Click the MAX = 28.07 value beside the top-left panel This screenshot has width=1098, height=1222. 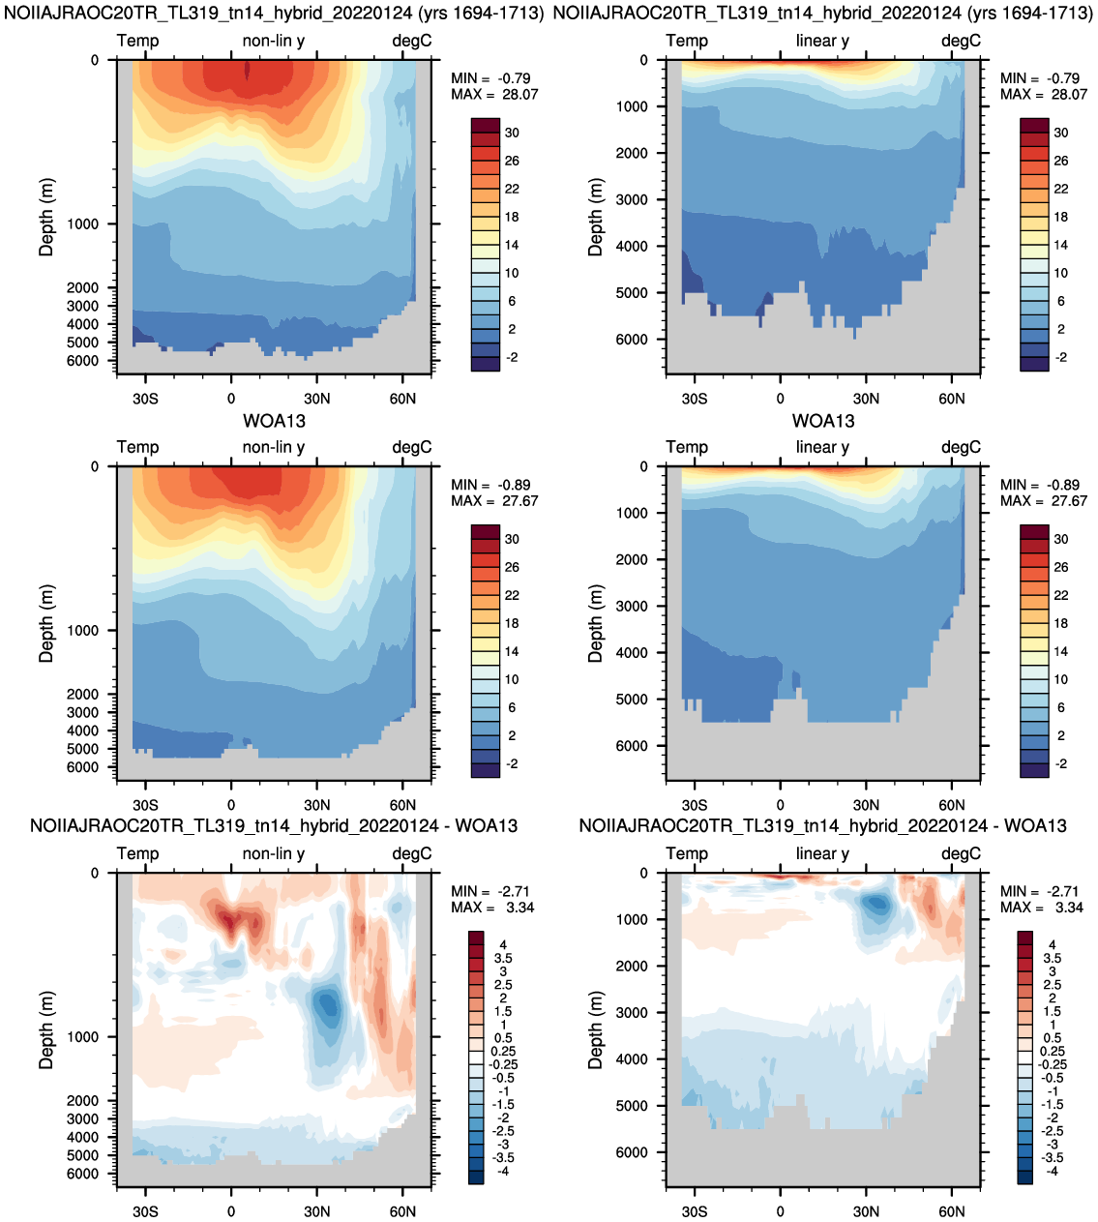click(494, 95)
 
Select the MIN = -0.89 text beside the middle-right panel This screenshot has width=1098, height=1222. click(1040, 485)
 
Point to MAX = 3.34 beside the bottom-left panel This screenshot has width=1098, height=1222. click(492, 908)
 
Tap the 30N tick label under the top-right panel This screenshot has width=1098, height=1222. click(866, 399)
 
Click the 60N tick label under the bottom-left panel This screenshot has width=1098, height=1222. click(402, 1211)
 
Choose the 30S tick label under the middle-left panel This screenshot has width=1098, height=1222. click(145, 805)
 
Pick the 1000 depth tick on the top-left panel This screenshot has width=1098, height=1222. click(82, 224)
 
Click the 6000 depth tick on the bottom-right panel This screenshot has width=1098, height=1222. click(632, 1152)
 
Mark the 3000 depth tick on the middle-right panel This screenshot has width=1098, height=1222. click(632, 606)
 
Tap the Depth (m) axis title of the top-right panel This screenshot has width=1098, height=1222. click(595, 217)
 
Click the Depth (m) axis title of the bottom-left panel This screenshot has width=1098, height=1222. click(45, 1030)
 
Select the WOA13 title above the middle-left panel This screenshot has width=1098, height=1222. click(274, 421)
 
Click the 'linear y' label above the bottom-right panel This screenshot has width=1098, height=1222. click(822, 854)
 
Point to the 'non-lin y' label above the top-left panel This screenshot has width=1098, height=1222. click(274, 41)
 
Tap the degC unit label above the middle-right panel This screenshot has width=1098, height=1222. click(961, 447)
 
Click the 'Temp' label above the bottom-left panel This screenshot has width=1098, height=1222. click(137, 854)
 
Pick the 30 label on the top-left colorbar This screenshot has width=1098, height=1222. click(512, 133)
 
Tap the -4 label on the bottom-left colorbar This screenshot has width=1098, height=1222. click(502, 1172)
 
